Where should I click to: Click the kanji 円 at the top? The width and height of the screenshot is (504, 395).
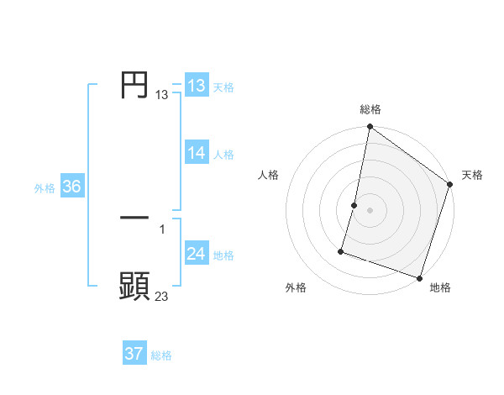134,85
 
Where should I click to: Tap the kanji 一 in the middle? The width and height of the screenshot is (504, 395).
134,218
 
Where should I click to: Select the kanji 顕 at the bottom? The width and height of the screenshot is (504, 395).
134,286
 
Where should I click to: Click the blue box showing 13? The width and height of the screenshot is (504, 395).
197,86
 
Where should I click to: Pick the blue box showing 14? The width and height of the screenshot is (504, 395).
197,153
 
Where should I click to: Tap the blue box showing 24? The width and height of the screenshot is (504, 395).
197,254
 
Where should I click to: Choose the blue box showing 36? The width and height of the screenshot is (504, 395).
71,187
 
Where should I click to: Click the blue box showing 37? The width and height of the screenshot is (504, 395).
134,354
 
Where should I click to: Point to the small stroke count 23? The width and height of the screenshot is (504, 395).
161,296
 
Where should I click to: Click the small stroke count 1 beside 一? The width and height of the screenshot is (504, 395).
161,229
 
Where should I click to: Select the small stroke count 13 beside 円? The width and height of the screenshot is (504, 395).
161,95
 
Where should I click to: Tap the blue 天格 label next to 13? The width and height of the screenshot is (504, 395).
223,87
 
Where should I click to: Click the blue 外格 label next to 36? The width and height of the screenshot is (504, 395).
45,188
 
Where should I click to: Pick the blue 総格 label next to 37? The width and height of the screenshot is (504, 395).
161,355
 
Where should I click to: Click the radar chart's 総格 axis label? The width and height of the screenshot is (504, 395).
370,109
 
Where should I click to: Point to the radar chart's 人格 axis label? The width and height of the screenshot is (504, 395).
269,175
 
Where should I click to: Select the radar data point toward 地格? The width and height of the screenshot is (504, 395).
419,277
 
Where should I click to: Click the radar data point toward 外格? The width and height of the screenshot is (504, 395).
342,250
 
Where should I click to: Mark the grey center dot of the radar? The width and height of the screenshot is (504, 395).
370,210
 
